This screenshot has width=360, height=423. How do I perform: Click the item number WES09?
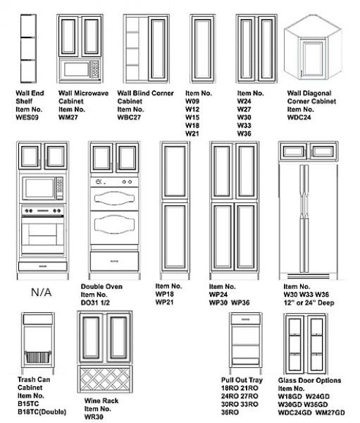pyautogui.click(x=27, y=117)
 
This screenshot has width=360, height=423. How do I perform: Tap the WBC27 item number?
pyautogui.click(x=129, y=117)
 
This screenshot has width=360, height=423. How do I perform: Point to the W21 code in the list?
pyautogui.click(x=192, y=133)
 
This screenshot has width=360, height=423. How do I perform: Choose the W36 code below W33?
pyautogui.click(x=244, y=133)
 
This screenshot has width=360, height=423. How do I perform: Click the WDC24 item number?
pyautogui.click(x=299, y=117)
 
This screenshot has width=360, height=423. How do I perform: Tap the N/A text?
pyautogui.click(x=42, y=292)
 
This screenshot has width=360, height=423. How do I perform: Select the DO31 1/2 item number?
pyautogui.click(x=96, y=302)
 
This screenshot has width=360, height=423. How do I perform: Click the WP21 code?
pyautogui.click(x=164, y=302)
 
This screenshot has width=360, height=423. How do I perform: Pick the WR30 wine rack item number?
pyautogui.click(x=94, y=417)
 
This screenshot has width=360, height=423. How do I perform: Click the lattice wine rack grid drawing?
pyautogui.click(x=105, y=379)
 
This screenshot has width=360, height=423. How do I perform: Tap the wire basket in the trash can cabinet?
pyautogui.click(x=38, y=357)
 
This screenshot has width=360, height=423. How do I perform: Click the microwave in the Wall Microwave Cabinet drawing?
pyautogui.click(x=80, y=69)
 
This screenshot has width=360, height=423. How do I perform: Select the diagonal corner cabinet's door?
pyautogui.click(x=313, y=59)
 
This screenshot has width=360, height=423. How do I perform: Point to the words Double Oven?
pyautogui.click(x=101, y=286)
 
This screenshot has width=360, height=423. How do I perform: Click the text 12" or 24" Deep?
pyautogui.click(x=309, y=302)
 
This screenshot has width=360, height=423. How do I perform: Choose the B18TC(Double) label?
pyautogui.click(x=42, y=412)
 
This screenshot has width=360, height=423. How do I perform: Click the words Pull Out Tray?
pyautogui.click(x=242, y=380)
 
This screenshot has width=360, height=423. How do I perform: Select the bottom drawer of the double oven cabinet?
pyautogui.click(x=114, y=262)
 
